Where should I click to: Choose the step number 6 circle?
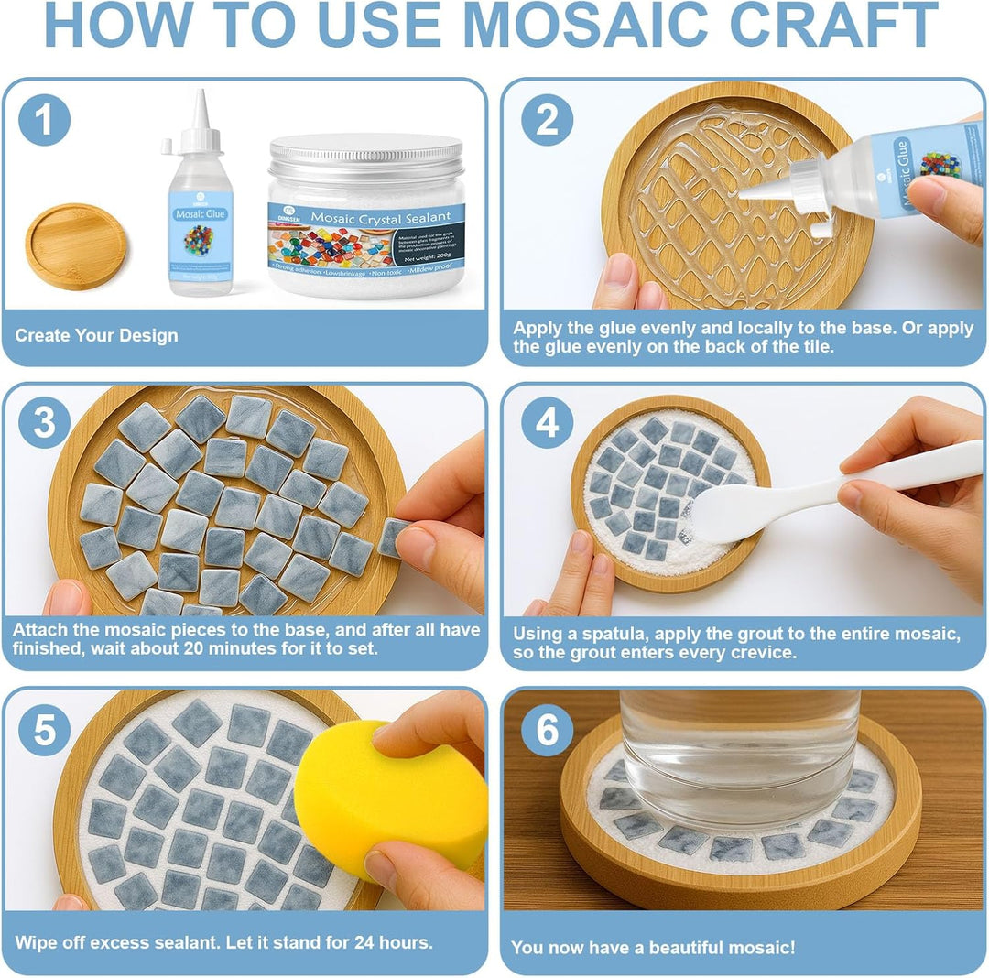(x=547, y=730)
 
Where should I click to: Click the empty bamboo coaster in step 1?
(x=76, y=245)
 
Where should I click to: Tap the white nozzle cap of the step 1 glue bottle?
(x=196, y=124)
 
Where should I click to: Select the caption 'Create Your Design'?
(x=96, y=335)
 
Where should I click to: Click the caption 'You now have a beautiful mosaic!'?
(x=653, y=947)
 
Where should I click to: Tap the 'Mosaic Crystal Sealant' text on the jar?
(x=381, y=216)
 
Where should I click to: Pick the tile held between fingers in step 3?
(x=393, y=537)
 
